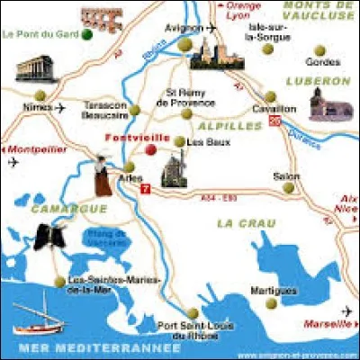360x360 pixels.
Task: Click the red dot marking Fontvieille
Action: pos(150,149)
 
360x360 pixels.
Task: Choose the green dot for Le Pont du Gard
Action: pos(85,36)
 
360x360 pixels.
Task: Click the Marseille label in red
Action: pos(328,324)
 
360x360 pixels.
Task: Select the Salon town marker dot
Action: pos(289,188)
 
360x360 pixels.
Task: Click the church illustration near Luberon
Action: pos(330,105)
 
